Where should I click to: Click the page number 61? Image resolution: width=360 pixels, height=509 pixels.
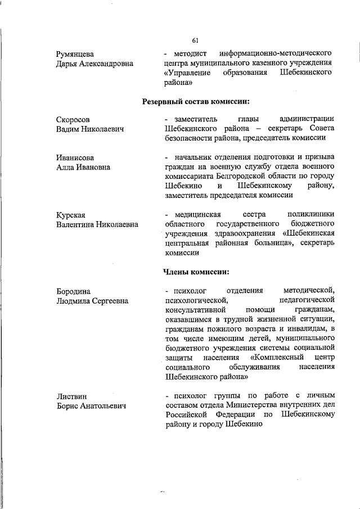click(195, 40)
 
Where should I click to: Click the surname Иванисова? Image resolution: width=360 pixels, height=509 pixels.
click(75, 157)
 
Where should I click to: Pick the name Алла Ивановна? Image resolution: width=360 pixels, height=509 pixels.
click(83, 167)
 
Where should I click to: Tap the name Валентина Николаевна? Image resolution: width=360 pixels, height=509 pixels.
click(97, 225)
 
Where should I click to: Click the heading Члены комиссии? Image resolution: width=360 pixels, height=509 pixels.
click(196, 272)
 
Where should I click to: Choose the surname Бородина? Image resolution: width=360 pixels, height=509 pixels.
click(74, 291)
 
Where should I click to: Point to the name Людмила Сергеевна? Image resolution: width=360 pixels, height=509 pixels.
click(92, 301)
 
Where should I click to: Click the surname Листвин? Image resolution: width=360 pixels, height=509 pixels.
click(72, 397)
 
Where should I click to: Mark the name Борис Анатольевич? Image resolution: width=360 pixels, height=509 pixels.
click(91, 406)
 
